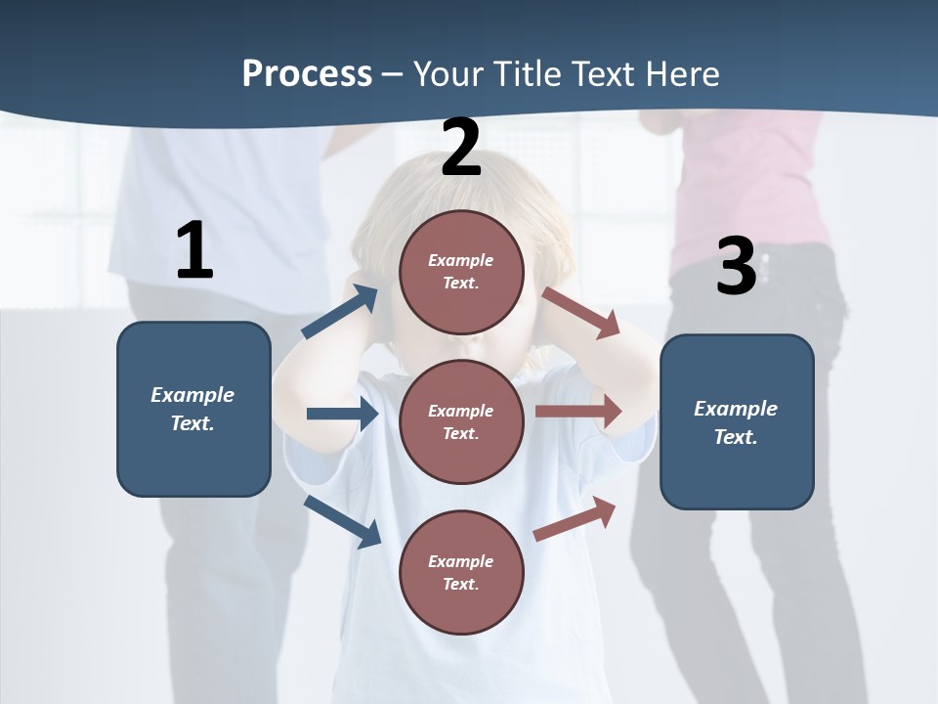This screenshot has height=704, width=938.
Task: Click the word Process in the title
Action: [307, 74]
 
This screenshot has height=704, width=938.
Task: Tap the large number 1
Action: [194, 250]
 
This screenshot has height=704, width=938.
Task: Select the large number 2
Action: [461, 148]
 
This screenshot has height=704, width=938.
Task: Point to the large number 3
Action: [737, 267]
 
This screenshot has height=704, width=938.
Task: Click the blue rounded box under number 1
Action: [193, 409]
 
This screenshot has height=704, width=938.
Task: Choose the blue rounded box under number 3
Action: [737, 421]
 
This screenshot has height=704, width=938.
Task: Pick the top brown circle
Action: [461, 272]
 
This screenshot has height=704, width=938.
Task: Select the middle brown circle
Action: [461, 421]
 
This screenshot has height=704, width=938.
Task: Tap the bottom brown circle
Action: [461, 572]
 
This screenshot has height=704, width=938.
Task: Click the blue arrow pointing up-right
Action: [340, 312]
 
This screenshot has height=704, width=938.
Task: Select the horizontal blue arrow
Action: [342, 414]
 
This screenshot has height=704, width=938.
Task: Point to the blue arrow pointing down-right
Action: [342, 521]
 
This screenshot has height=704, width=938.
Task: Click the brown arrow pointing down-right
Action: [581, 313]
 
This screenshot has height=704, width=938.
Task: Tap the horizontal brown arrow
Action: [578, 412]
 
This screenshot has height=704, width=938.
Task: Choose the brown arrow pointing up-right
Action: [575, 518]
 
